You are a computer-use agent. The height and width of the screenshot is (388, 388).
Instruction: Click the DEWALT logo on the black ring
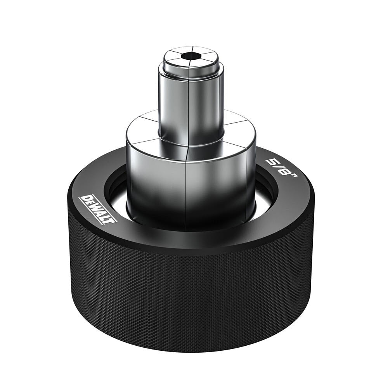(97, 210)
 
